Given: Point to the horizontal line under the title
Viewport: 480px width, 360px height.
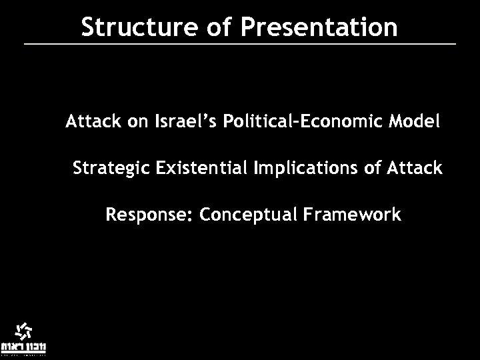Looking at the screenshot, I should (x=240, y=44).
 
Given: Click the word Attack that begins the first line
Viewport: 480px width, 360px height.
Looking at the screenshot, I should (x=90, y=123).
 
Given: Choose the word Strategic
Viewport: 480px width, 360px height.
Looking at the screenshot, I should (x=111, y=169).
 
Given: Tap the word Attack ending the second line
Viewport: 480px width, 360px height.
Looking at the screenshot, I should (x=417, y=169).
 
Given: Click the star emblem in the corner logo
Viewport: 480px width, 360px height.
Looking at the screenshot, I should (x=23, y=331).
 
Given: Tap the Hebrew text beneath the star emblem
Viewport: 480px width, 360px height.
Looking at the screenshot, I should (x=23, y=347).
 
